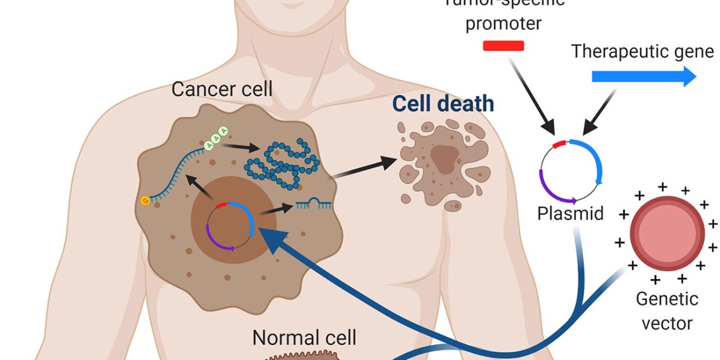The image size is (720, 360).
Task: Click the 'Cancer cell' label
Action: [x=222, y=89]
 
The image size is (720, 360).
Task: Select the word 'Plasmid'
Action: [x=570, y=213]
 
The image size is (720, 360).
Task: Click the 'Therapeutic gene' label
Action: [x=644, y=52]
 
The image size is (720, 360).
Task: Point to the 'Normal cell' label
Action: [x=304, y=337]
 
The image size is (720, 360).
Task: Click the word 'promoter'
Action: [x=512, y=24]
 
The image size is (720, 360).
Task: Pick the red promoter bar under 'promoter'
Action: [x=503, y=46]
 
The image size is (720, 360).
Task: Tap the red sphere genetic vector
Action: [x=667, y=233]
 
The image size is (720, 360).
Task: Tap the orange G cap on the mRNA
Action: [x=145, y=200]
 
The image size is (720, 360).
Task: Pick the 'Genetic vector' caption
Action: [x=667, y=311]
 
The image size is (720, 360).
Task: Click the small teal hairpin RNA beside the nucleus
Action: [x=313, y=205]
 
